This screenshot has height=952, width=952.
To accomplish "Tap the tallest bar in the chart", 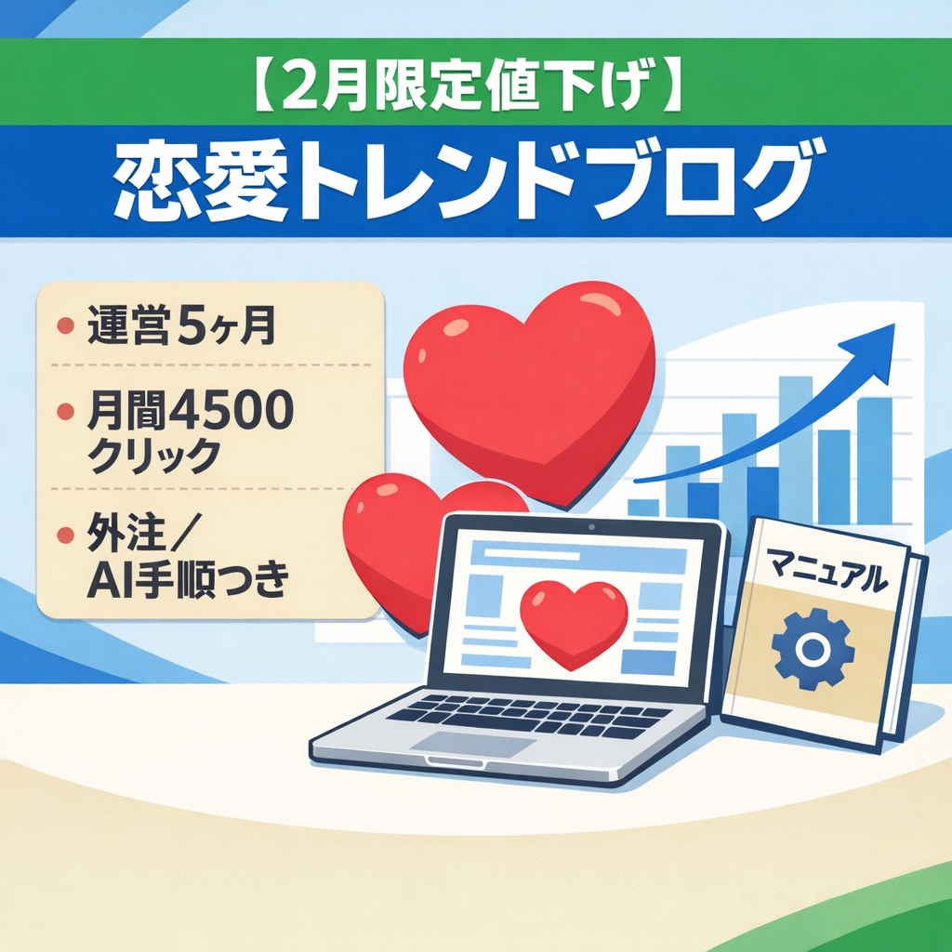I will click(795, 446).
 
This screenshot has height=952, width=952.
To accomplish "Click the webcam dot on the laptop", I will click(591, 526).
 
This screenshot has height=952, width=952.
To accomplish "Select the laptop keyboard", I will click(530, 714).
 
